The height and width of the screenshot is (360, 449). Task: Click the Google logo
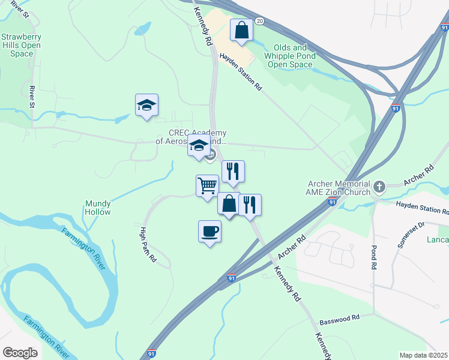coord(20,352)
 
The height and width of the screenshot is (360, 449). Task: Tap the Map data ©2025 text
coord(423,355)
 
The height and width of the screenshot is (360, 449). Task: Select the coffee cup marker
coord(209,232)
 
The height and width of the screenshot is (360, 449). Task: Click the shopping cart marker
coord(207,186)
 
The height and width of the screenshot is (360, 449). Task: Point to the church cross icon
coord(379,186)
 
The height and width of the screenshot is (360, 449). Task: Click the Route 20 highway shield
coord(259,20)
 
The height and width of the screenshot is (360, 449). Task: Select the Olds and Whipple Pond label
coord(289,56)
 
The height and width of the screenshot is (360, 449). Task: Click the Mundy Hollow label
coord(97,208)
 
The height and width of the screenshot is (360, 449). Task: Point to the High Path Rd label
coord(148,245)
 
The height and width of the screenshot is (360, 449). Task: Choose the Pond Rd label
coord(373,256)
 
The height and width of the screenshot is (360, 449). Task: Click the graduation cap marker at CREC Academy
coord(199,146)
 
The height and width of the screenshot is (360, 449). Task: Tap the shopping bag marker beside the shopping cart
coord(229,204)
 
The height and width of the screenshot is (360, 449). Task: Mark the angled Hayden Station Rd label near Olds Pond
coord(241,71)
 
